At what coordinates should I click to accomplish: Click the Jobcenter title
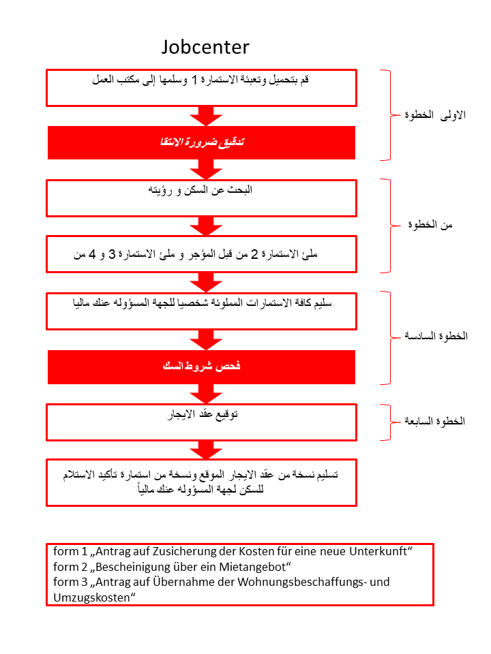(x=205, y=47)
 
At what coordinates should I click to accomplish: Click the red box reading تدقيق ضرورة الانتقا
(x=201, y=142)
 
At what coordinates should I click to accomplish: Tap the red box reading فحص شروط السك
(x=201, y=367)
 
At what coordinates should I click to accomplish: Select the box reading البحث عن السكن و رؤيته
(x=201, y=198)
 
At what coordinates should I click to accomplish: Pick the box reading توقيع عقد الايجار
(x=201, y=422)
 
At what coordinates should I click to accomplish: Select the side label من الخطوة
(x=437, y=225)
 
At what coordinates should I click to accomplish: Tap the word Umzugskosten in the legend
(x=91, y=597)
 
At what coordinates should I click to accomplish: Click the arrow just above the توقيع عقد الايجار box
(x=203, y=393)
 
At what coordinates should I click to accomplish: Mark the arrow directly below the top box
(x=203, y=115)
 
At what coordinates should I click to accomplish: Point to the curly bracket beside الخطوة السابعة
(x=393, y=421)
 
